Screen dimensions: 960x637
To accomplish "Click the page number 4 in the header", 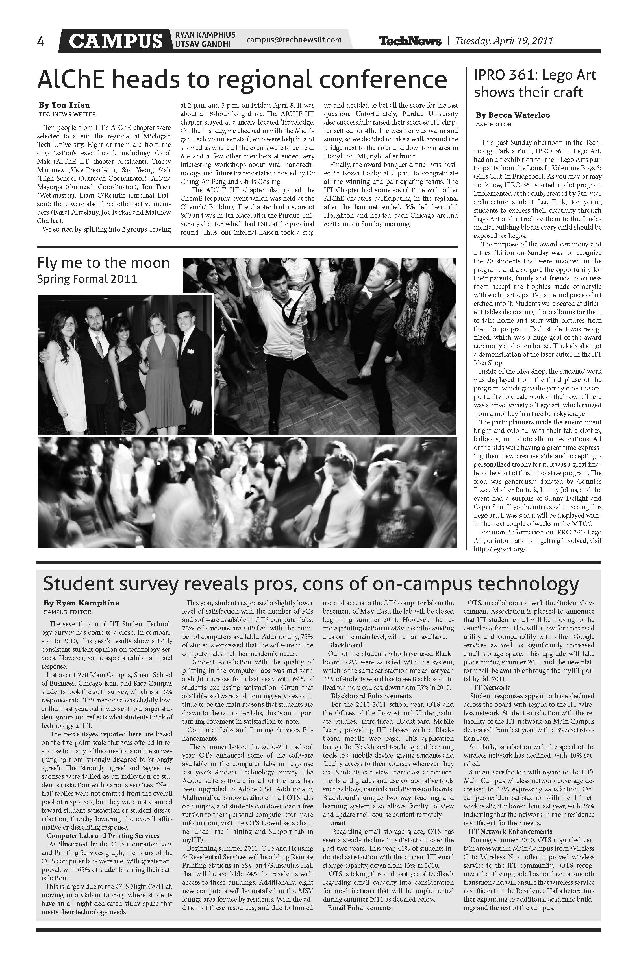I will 41,42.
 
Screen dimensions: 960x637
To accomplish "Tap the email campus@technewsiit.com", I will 294,40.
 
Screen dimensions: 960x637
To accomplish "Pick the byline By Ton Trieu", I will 65,105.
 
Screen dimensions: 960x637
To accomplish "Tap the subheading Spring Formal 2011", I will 87,279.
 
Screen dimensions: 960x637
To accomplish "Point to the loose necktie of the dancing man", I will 289,311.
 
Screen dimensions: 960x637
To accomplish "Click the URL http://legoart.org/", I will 500,549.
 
